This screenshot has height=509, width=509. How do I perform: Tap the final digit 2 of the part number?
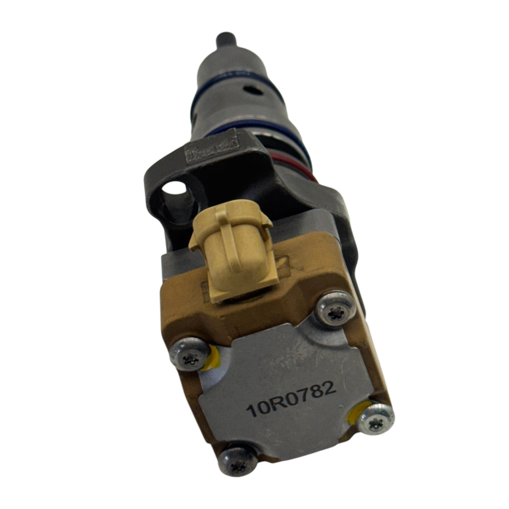pos(330,388)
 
